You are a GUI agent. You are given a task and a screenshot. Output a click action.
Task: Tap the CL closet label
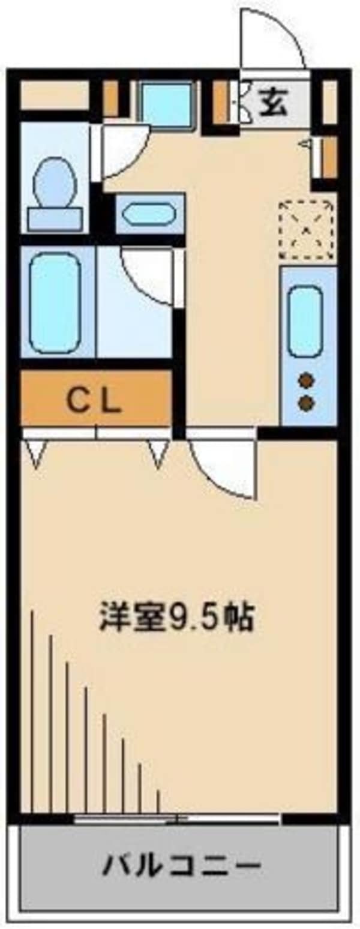click(95, 401)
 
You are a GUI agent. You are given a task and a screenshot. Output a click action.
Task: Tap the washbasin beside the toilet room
click(150, 214)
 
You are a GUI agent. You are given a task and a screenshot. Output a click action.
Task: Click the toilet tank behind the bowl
click(55, 218)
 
